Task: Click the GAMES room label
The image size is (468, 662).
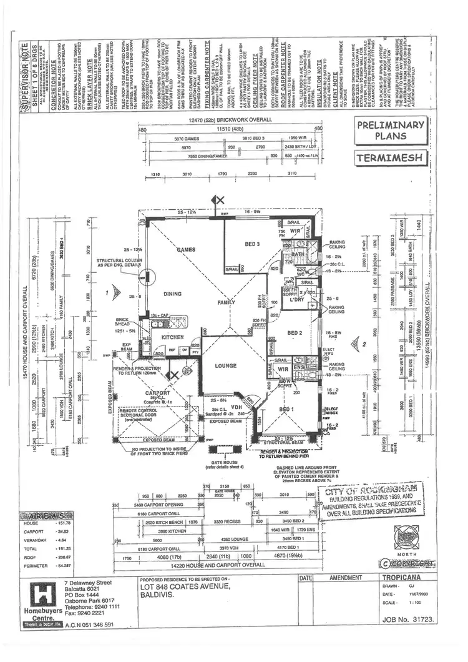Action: (185, 249)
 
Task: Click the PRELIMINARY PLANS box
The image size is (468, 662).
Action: (390, 130)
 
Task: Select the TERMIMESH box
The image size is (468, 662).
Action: (390, 158)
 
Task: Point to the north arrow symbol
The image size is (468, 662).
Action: (441, 536)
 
